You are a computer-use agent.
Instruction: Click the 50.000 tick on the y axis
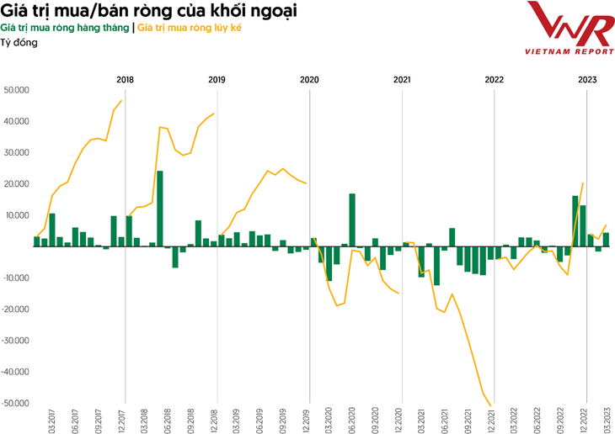click(17, 90)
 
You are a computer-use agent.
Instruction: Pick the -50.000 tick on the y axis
click(16, 403)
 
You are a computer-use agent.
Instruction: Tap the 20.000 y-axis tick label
click(17, 184)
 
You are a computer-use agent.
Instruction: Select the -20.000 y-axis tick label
click(16, 310)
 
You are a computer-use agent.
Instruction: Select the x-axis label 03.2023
click(607, 419)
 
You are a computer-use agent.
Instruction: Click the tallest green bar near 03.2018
click(160, 209)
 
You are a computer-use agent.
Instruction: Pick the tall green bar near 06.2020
click(352, 220)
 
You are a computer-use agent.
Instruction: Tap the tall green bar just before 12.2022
click(575, 221)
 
